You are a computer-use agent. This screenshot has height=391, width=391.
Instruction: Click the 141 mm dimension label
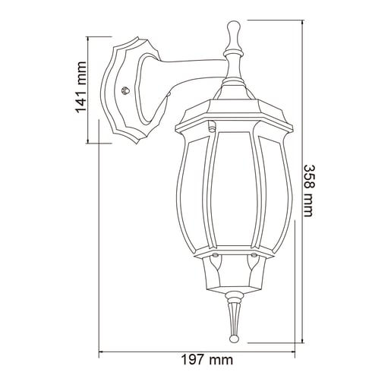pyautogui.click(x=81, y=88)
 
